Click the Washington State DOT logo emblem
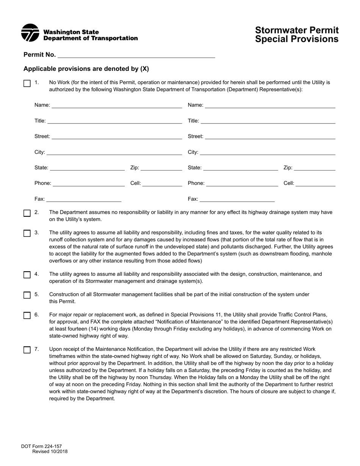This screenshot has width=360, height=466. [30, 33]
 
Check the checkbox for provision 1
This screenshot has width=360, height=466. [27, 83]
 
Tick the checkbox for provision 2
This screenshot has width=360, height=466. [27, 213]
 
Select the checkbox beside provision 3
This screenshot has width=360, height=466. [27, 233]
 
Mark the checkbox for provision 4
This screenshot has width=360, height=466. [27, 275]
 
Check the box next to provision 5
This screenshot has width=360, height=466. [27, 295]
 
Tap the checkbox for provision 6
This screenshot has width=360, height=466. [27, 315]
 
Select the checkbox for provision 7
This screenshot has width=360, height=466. [27, 350]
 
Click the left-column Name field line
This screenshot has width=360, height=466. [117, 105]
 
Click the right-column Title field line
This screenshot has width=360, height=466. [268, 121]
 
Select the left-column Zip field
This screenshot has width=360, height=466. [161, 168]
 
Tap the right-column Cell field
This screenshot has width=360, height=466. [315, 183]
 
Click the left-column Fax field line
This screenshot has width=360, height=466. [83, 199]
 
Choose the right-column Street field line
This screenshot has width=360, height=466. [270, 136]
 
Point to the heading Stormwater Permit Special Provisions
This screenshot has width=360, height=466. [297, 34]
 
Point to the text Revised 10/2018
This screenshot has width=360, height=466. [50, 452]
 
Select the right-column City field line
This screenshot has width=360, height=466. [268, 152]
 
